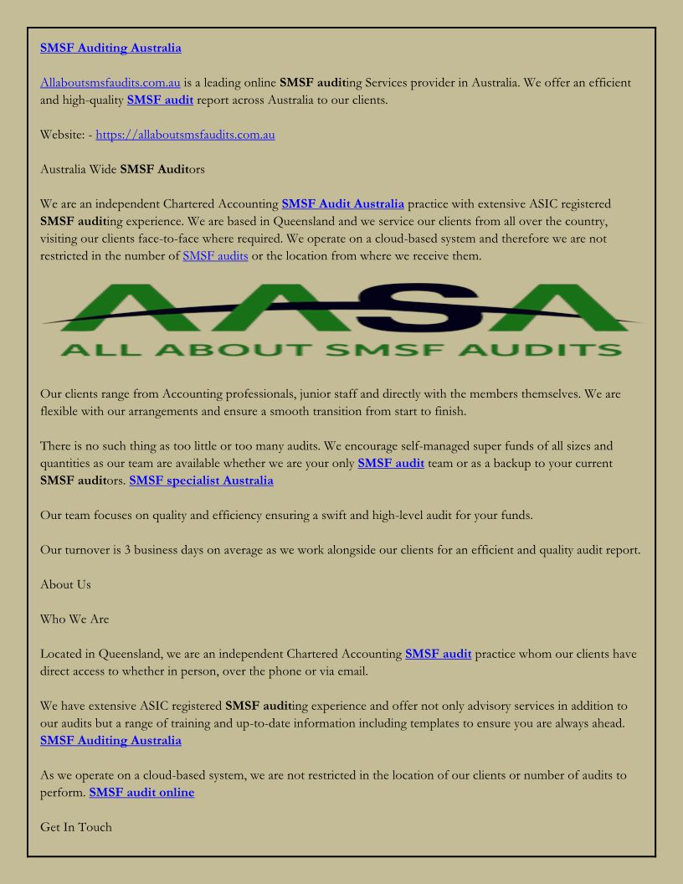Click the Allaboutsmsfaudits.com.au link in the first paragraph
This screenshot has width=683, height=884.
pyautogui.click(x=110, y=83)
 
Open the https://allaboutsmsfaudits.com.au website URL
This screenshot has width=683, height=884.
pyautogui.click(x=185, y=134)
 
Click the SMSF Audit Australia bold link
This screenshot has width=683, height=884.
pyautogui.click(x=343, y=203)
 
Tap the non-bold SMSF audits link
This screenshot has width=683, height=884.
pyautogui.click(x=215, y=256)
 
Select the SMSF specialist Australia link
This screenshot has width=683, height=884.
pyautogui.click(x=201, y=481)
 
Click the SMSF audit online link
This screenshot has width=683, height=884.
pyautogui.click(x=141, y=792)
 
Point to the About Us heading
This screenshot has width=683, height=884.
pyautogui.click(x=65, y=584)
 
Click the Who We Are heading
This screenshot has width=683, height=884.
pyautogui.click(x=74, y=619)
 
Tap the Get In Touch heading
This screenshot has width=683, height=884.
pyautogui.click(x=76, y=827)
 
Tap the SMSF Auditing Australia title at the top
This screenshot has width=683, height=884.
pyautogui.click(x=110, y=48)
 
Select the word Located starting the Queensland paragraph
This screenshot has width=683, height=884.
pyautogui.click(x=64, y=654)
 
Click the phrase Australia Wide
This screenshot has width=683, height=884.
pyautogui.click(x=78, y=169)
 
